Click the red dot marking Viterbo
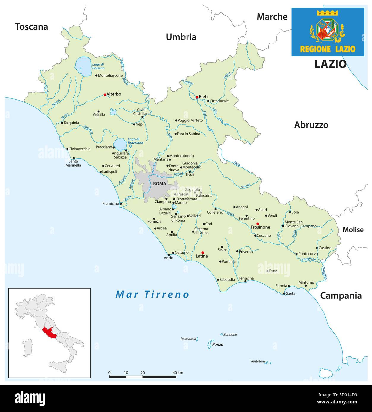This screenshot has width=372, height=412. (105, 95)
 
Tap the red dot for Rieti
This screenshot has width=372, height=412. (197, 97)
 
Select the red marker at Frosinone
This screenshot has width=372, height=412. (258, 223)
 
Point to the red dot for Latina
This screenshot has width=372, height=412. (202, 253)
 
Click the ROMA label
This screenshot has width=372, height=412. (159, 184)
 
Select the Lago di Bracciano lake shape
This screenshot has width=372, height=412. (120, 144)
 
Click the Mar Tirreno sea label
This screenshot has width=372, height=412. (152, 294)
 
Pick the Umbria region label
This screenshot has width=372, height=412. (181, 37)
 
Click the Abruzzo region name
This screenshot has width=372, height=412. (311, 125)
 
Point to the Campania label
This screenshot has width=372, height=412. (341, 296)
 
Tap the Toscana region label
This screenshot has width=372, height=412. (31, 27)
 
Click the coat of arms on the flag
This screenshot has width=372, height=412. (327, 30)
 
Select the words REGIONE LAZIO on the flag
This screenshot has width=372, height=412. (327, 49)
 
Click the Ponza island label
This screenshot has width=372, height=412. (218, 344)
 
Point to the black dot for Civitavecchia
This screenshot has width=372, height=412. (67, 149)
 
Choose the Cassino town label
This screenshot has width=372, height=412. (325, 248)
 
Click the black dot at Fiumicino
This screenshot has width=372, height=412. (121, 204)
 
